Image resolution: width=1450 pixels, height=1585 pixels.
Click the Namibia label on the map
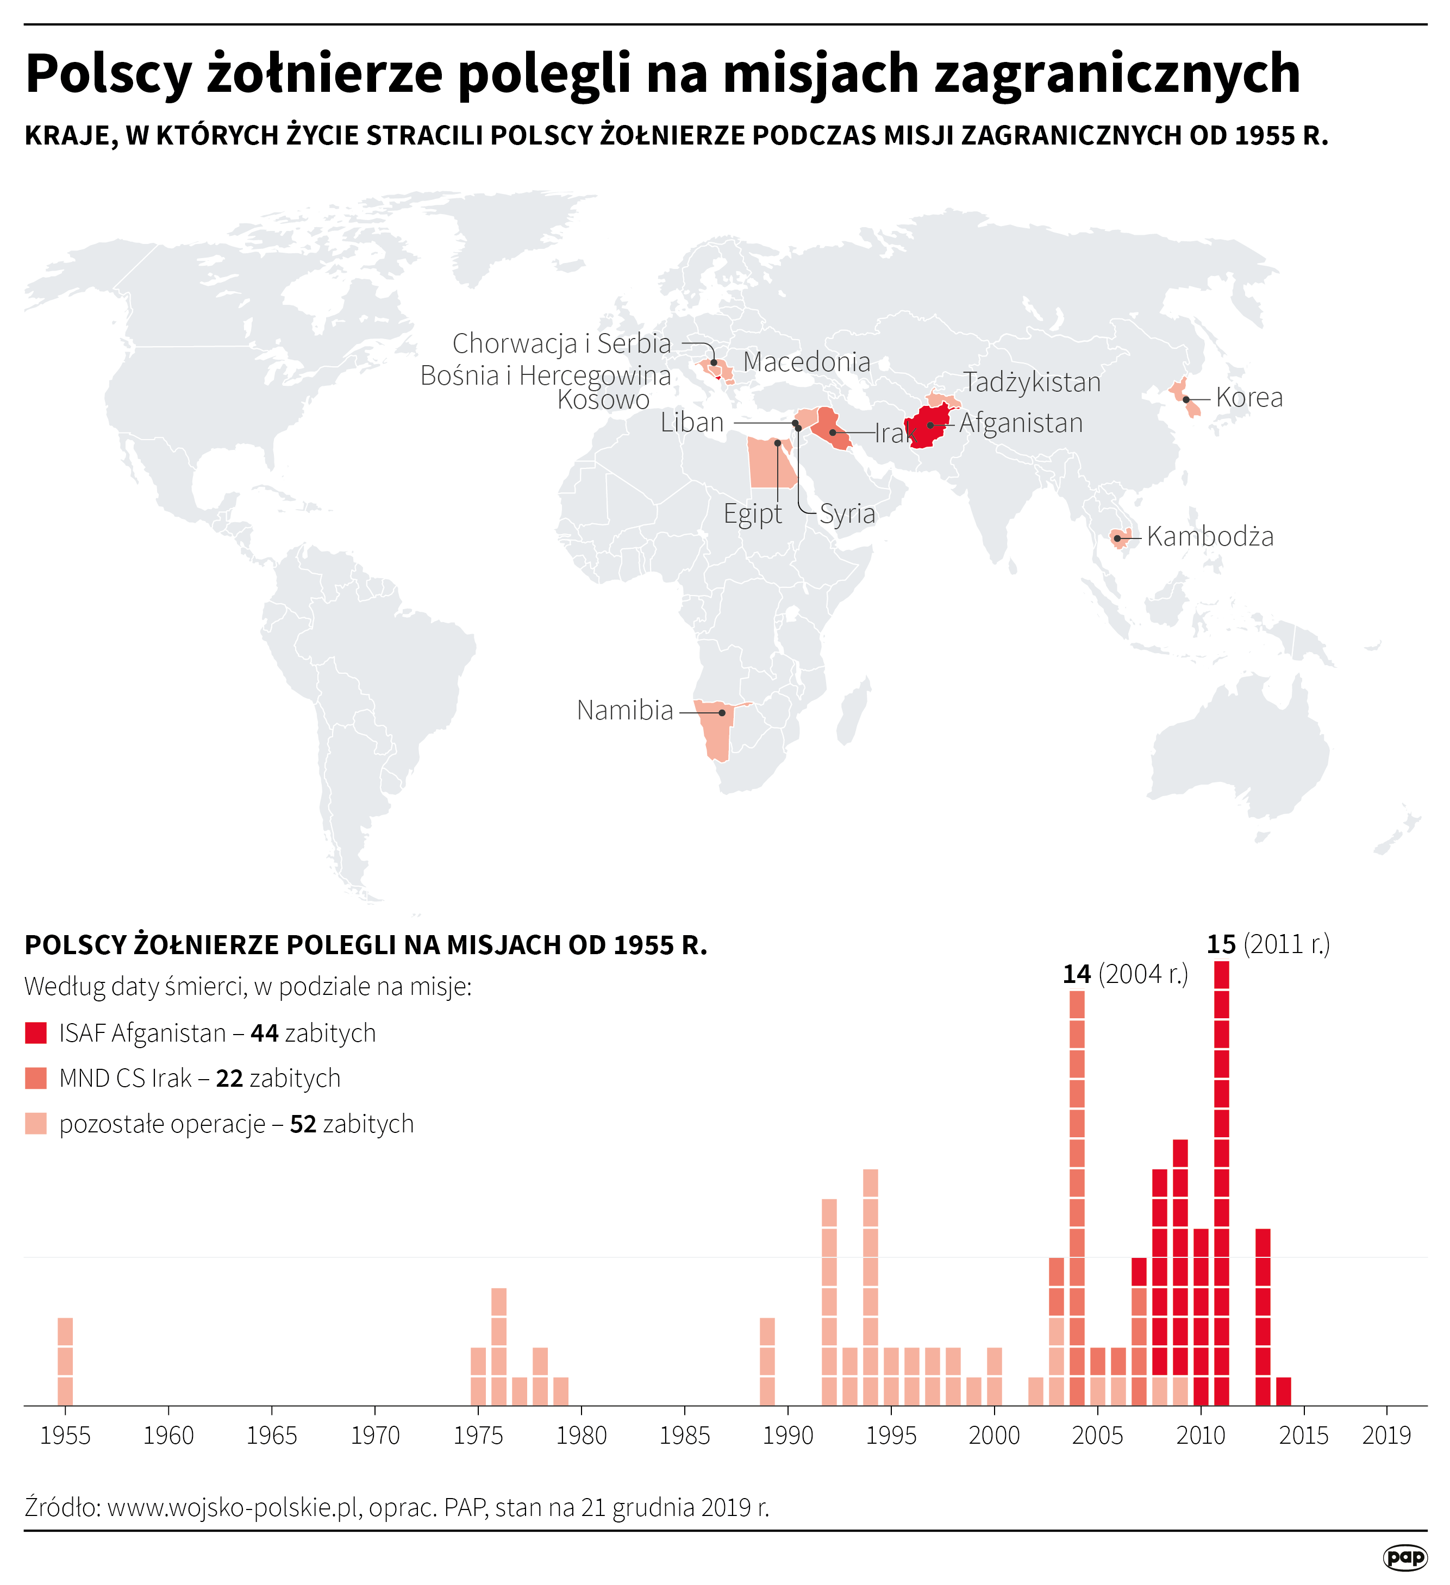(x=624, y=711)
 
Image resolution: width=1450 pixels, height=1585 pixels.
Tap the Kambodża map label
(x=1209, y=537)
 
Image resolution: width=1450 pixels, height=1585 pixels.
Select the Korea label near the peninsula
(x=1249, y=398)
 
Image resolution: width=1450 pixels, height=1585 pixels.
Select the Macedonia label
(x=806, y=362)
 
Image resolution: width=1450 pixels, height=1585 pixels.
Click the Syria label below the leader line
(x=847, y=514)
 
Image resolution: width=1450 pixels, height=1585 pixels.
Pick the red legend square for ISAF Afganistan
(x=36, y=1033)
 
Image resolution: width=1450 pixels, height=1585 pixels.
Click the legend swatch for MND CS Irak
(x=36, y=1079)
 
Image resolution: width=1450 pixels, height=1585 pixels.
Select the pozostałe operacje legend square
(x=36, y=1124)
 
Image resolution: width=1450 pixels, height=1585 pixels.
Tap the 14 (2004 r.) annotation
(x=1124, y=975)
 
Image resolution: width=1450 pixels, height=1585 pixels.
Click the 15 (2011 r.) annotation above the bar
(x=1267, y=944)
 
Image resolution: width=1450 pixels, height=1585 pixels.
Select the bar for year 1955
(x=65, y=1362)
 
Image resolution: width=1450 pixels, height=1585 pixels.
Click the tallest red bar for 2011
(x=1221, y=1179)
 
